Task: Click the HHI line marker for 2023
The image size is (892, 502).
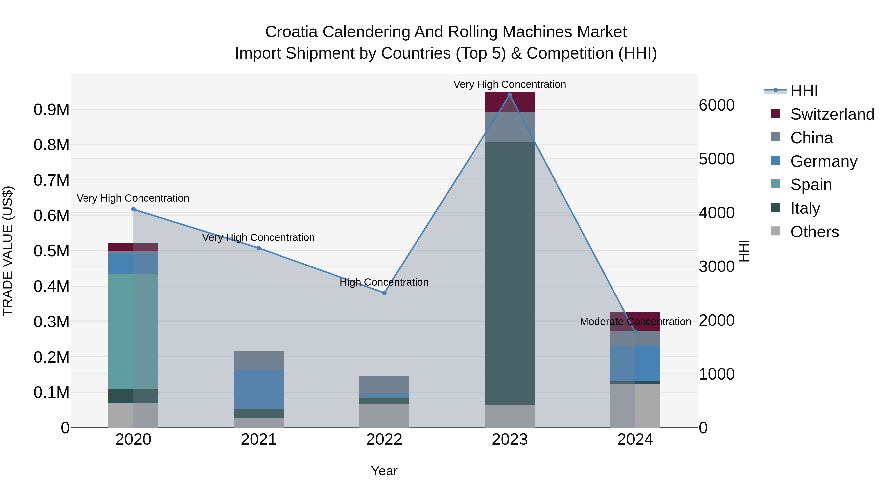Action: pyautogui.click(x=509, y=95)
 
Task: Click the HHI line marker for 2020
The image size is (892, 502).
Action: pyautogui.click(x=133, y=209)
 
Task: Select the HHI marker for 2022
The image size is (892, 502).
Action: pyautogui.click(x=384, y=293)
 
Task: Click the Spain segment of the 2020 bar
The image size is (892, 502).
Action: pyautogui.click(x=133, y=331)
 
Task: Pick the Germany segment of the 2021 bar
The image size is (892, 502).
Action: pyautogui.click(x=259, y=389)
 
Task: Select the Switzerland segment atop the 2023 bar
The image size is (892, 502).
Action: pyautogui.click(x=509, y=102)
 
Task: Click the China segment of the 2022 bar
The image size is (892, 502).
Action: pyautogui.click(x=384, y=384)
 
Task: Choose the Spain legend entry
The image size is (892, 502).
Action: pyautogui.click(x=811, y=185)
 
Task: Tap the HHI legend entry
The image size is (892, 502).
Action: pyautogui.click(x=804, y=91)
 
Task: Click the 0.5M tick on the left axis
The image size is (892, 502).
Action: pyautogui.click(x=51, y=251)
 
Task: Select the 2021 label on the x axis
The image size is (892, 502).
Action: pyautogui.click(x=259, y=440)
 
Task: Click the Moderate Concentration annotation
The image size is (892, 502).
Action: pyautogui.click(x=635, y=322)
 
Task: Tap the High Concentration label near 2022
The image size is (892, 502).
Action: pyautogui.click(x=384, y=282)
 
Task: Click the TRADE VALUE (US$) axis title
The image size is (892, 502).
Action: pyautogui.click(x=8, y=251)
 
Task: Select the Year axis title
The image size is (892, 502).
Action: pyautogui.click(x=384, y=471)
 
